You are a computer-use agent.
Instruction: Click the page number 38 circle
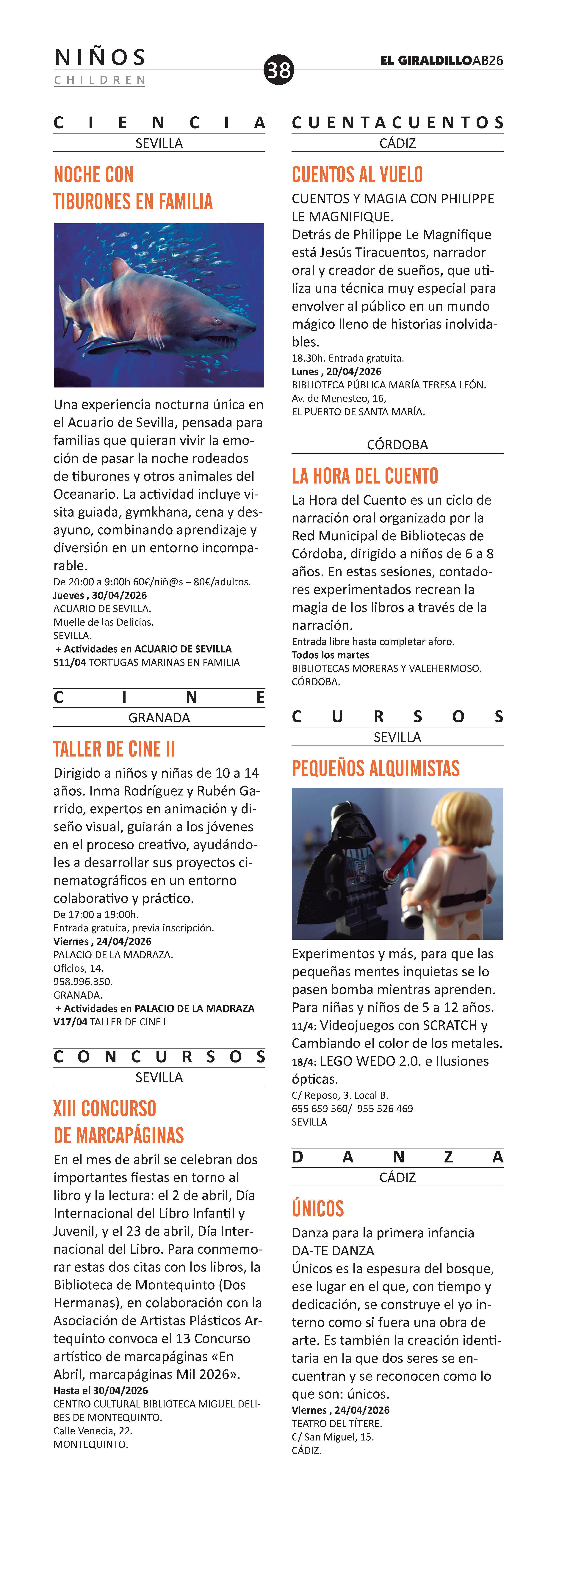(279, 70)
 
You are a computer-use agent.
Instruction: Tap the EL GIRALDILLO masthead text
(426, 60)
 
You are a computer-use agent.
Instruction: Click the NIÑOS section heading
(100, 57)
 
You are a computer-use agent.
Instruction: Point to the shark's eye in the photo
(215, 320)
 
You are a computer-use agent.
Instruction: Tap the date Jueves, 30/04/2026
(100, 595)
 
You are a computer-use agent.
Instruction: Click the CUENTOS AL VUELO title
(357, 175)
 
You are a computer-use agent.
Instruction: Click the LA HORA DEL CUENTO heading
(365, 476)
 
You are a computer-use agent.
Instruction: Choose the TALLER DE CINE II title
(114, 749)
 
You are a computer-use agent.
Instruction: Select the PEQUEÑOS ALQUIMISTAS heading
(375, 769)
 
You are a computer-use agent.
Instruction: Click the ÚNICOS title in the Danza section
(318, 1209)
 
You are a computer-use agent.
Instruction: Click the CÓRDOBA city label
(397, 445)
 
